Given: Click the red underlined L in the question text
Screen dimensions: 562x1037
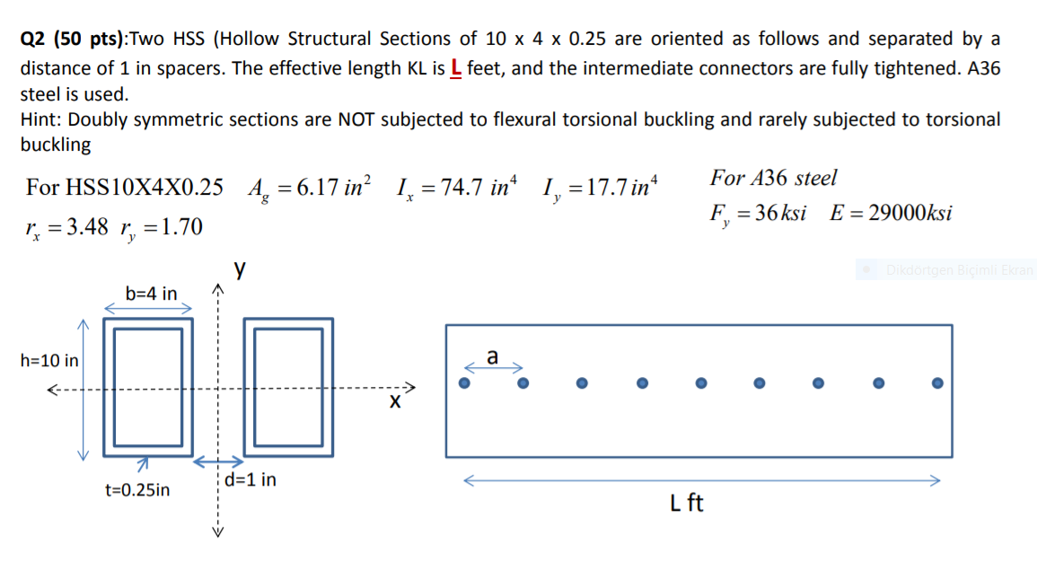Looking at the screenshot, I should point(455,68).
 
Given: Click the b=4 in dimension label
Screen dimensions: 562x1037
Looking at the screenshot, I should point(151,294).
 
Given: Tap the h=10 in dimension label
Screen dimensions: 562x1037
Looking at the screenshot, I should point(49,361).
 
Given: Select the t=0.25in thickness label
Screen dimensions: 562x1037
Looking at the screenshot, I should point(137,490).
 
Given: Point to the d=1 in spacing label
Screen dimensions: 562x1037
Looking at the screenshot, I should point(250,480).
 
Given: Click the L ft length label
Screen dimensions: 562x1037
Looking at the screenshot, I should point(687,504).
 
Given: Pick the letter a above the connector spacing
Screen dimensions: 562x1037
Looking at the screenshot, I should point(492,356).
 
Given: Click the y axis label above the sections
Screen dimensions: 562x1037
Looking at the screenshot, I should point(239,268).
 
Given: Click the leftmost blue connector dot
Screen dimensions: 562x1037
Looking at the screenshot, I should point(464,383).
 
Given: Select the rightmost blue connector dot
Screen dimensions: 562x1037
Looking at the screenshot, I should point(937,383).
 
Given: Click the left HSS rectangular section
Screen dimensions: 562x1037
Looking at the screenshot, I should point(149,386).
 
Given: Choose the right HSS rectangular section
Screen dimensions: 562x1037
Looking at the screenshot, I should point(289,386).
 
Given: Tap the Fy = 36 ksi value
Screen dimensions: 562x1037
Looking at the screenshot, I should point(757,215).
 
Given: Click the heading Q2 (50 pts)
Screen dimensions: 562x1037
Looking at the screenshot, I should point(74,40).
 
